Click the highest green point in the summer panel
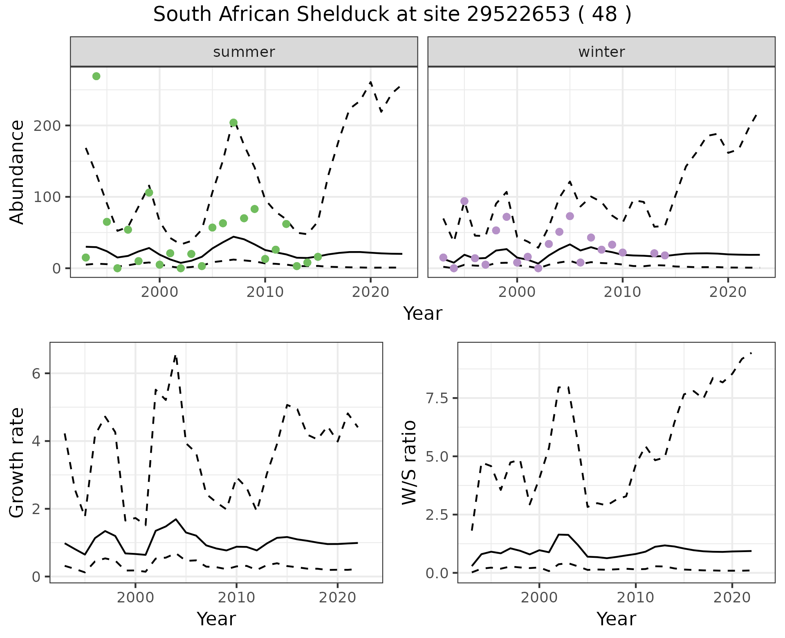point(96,76)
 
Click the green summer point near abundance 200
point(233,123)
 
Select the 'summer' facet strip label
point(244,52)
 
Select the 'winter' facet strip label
point(601,52)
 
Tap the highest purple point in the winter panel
point(464,201)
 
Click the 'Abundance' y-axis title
point(17,172)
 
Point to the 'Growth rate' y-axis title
point(17,463)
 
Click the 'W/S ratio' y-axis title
point(409,463)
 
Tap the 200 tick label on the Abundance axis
point(47,126)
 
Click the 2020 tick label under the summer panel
point(370,292)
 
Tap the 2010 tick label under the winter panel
point(622,292)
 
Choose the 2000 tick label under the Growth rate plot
point(135,598)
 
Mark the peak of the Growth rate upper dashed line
point(175,355)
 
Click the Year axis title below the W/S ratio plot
point(616,619)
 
